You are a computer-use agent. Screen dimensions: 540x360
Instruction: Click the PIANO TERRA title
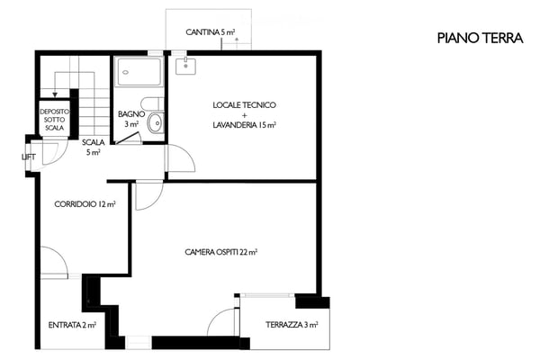coord(480,38)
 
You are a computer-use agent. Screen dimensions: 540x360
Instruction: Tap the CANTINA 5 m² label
coord(210,32)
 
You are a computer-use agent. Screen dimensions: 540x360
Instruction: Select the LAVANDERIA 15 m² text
coord(244,125)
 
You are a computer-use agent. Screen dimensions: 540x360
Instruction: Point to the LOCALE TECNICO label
coord(244,104)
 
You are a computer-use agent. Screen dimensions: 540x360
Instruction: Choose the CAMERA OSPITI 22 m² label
coord(221,252)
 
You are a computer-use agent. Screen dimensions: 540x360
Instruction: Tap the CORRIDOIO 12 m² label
coord(85,204)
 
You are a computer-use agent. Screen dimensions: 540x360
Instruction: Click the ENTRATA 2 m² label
coord(72,325)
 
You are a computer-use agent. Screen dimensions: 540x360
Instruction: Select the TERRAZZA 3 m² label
coord(292,325)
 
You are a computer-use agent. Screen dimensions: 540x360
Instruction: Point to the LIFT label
coord(29,157)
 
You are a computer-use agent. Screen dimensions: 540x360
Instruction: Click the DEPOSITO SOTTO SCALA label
coord(54,120)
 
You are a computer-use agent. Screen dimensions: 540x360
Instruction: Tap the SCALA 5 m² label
coord(94,147)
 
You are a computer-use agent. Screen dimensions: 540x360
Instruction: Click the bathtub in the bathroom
coord(139,72)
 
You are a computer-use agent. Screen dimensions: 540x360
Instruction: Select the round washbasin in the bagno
coord(156,122)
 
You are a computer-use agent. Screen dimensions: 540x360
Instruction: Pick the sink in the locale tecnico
coord(185,67)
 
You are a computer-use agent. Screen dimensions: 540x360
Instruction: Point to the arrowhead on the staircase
coord(55,94)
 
